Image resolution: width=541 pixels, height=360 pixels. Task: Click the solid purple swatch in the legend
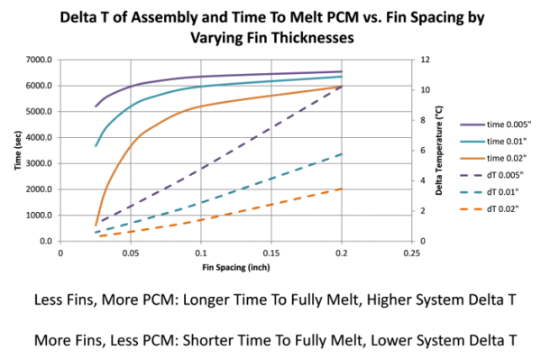click(x=473, y=125)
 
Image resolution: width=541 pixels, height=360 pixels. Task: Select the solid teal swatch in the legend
click(x=473, y=142)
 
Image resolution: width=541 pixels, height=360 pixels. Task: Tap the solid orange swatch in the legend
click(x=473, y=158)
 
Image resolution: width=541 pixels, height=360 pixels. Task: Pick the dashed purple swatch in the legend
click(x=473, y=175)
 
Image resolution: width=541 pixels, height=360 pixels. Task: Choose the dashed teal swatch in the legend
click(x=473, y=192)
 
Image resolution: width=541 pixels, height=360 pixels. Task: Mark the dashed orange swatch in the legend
click(x=473, y=208)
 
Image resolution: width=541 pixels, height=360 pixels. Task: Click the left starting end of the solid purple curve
click(x=96, y=106)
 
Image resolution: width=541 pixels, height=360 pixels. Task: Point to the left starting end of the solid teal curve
click(x=96, y=145)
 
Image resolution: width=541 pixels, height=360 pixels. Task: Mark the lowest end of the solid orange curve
click(x=96, y=224)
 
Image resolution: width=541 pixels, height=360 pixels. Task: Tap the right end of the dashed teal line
click(x=343, y=153)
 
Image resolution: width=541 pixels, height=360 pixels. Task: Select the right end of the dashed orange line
click(x=343, y=189)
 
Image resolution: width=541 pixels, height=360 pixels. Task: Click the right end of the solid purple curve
click(x=343, y=70)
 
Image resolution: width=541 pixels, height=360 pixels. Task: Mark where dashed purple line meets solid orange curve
click(x=341, y=87)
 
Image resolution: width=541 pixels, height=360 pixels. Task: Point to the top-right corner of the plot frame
click(x=412, y=60)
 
